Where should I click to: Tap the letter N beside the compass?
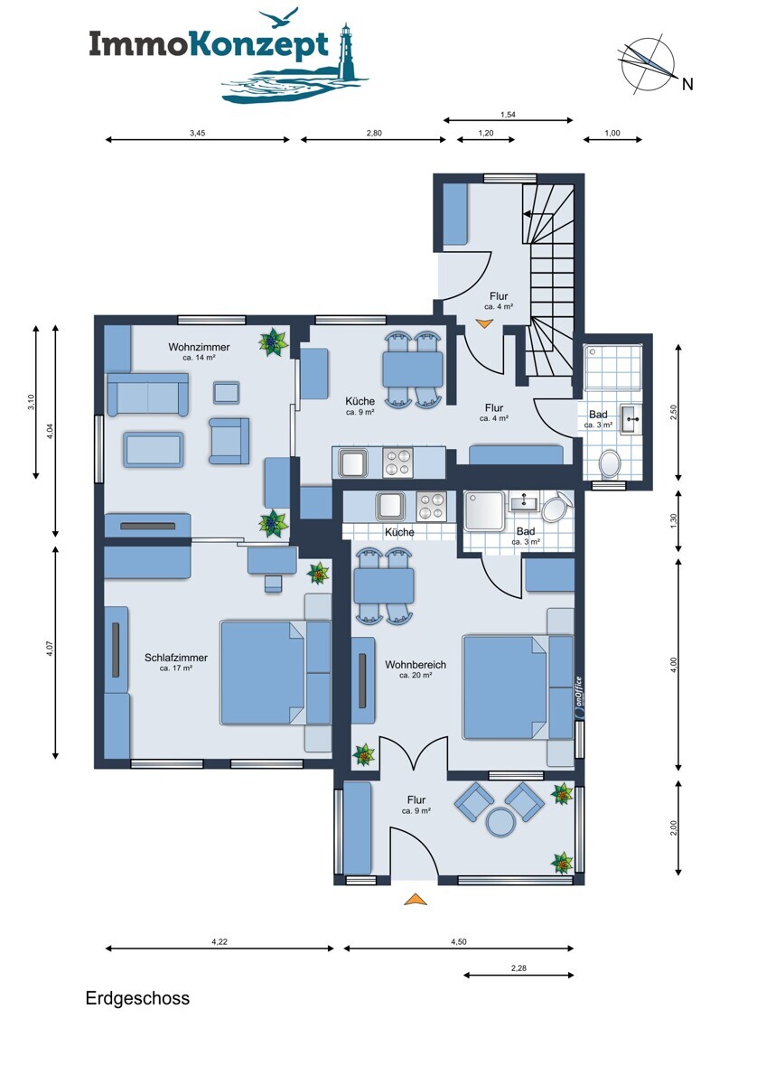[x=687, y=84]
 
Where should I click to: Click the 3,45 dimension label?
[x=198, y=133]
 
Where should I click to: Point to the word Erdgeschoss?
[x=137, y=998]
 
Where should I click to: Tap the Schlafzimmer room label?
[x=176, y=658]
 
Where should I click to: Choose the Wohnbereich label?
[x=416, y=665]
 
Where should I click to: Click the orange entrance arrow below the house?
[x=416, y=899]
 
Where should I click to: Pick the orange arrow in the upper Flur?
[x=484, y=323]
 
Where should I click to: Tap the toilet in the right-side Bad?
[x=609, y=463]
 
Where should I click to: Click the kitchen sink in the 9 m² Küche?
[x=353, y=463]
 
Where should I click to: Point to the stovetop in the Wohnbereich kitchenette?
[x=431, y=506]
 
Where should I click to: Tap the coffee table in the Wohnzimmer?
[x=154, y=450]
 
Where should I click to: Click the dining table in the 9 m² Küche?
[x=413, y=369]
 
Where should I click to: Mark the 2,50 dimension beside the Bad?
[x=675, y=412]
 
